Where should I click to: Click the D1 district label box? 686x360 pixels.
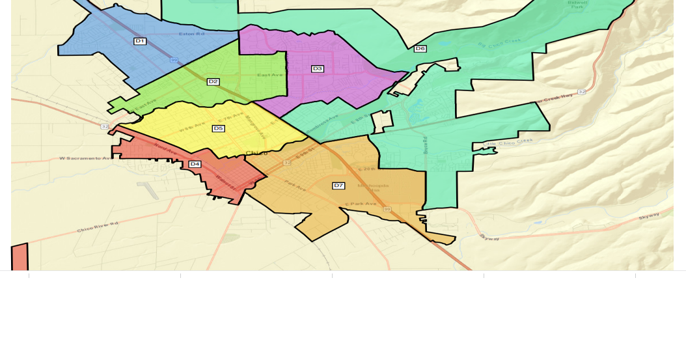point(140,41)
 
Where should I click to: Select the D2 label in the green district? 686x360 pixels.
point(213,81)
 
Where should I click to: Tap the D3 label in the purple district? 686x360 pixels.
point(318,68)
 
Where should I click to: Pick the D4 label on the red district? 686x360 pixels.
point(195,164)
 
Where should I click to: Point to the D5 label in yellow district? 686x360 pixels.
point(218,128)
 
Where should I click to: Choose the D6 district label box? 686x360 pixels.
point(420,48)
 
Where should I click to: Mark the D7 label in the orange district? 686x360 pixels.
point(338,186)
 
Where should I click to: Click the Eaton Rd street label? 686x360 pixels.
point(191,34)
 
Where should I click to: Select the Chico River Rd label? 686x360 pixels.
point(98,227)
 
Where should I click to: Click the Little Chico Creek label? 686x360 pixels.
point(508,141)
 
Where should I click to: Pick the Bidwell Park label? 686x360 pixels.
point(577,5)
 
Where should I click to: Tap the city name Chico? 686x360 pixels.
point(256,153)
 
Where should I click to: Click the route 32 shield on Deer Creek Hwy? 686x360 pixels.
point(581,92)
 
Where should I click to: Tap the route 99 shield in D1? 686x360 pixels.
point(174,60)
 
